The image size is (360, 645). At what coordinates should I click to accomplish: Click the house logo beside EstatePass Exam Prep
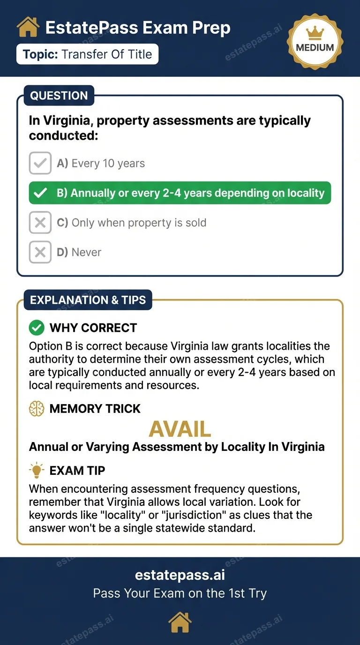tap(28, 28)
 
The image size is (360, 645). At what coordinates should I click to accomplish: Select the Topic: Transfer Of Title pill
tap(88, 54)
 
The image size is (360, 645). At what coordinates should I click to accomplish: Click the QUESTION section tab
tap(59, 96)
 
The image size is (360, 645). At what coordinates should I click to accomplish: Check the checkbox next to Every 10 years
tap(40, 163)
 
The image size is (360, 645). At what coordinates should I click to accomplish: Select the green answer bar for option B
tap(180, 193)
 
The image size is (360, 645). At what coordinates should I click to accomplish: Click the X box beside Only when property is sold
tap(40, 223)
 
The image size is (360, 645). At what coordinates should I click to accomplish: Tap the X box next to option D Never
tap(40, 252)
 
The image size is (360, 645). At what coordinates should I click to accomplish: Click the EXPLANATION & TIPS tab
tap(88, 300)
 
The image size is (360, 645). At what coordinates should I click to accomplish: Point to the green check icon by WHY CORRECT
tap(37, 328)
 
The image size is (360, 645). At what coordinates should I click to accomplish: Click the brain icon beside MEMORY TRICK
tap(37, 409)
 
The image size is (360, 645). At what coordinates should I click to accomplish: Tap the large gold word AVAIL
tap(180, 429)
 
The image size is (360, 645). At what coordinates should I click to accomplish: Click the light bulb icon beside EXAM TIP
tap(37, 470)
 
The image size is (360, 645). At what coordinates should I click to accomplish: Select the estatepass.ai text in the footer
tap(180, 575)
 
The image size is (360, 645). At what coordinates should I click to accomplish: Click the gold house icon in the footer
tap(180, 623)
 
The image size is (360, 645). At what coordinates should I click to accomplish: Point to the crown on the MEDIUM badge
tap(315, 33)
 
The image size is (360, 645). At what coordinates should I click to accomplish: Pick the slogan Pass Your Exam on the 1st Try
tap(180, 593)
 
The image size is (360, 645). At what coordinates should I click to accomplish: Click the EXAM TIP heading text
tap(77, 470)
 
